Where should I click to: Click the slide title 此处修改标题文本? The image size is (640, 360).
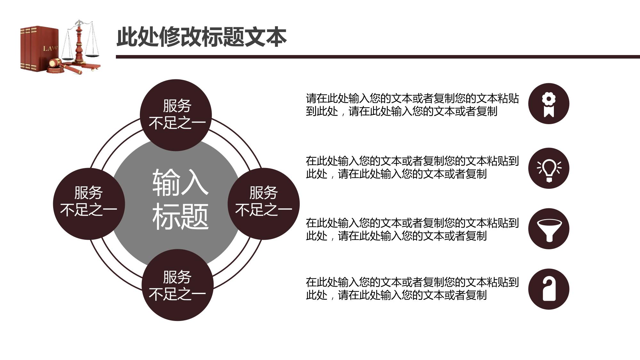[201, 37]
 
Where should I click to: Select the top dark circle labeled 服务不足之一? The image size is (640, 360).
[176, 115]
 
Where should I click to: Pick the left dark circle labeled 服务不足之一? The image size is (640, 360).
[89, 204]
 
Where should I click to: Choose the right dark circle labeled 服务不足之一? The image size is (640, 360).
[263, 204]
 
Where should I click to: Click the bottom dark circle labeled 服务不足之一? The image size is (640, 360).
[177, 285]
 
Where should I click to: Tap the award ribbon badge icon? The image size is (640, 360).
[548, 104]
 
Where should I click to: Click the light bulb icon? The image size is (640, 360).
[548, 168]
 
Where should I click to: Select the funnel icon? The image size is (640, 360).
[548, 229]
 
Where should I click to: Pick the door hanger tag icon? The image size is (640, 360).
[548, 289]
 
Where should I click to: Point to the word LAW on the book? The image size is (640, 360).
[50, 48]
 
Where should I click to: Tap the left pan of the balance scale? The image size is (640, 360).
[67, 59]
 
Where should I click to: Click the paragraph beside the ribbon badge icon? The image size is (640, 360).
[412, 105]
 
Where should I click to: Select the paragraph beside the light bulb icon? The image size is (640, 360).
[412, 167]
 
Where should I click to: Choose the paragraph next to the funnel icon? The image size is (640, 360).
[412, 229]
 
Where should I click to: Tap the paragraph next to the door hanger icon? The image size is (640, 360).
[412, 289]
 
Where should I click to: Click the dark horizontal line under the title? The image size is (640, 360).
[378, 57]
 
